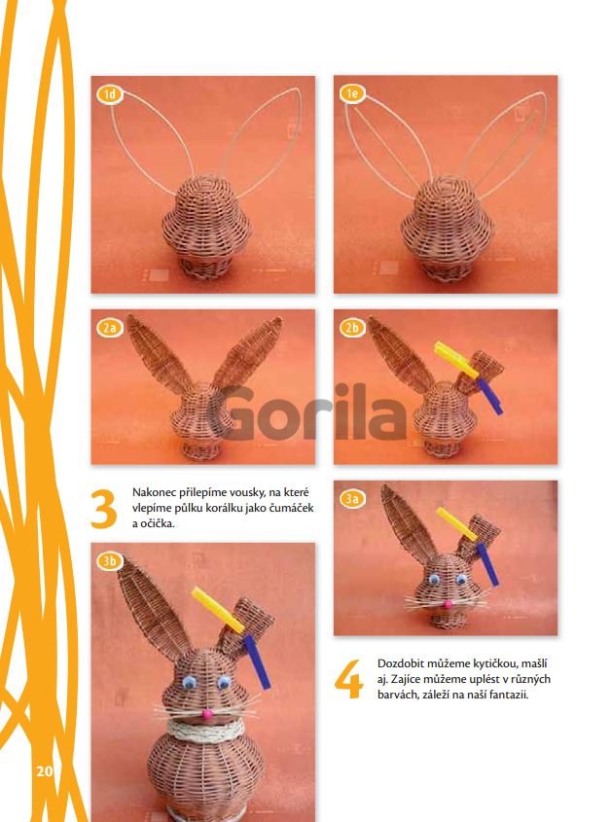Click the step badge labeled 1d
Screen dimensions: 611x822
110,95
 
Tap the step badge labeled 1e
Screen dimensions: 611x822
352,93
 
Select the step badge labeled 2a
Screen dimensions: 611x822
110,328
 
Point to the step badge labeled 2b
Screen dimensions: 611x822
352,328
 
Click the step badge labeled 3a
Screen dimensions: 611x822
352,499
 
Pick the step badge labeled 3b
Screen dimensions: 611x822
110,561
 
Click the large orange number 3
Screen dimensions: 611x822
103,509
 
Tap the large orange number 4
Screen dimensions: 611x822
348,679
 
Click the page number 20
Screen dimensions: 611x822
45,771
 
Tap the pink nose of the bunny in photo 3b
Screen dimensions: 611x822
207,713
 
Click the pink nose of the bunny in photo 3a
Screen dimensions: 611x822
448,604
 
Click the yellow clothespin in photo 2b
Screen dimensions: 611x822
455,359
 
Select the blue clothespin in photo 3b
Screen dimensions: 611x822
257,661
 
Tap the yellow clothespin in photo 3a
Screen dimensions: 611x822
457,523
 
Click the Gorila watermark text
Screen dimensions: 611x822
306,412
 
